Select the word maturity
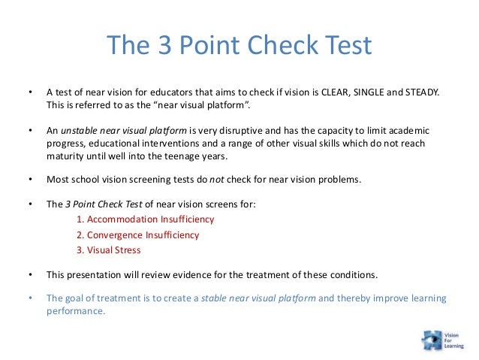point(67,157)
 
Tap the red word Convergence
point(116,234)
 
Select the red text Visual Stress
point(113,250)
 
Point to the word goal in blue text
point(77,298)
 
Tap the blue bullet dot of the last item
point(30,298)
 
